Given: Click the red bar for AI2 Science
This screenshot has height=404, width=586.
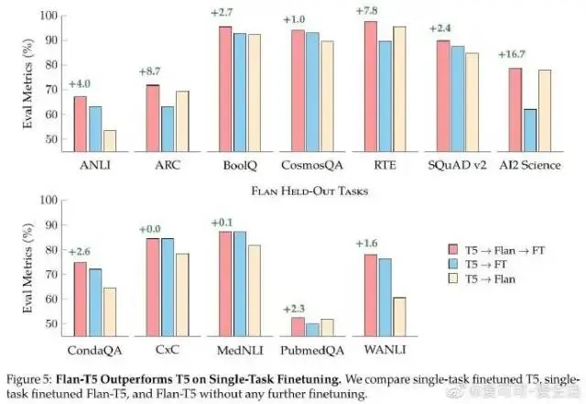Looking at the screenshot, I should coord(515,110).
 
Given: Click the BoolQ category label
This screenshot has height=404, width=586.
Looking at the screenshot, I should coord(237,168).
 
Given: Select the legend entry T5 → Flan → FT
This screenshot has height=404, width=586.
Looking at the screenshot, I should coord(508,248).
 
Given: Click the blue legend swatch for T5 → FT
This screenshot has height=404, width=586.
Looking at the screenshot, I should coord(452,263).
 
